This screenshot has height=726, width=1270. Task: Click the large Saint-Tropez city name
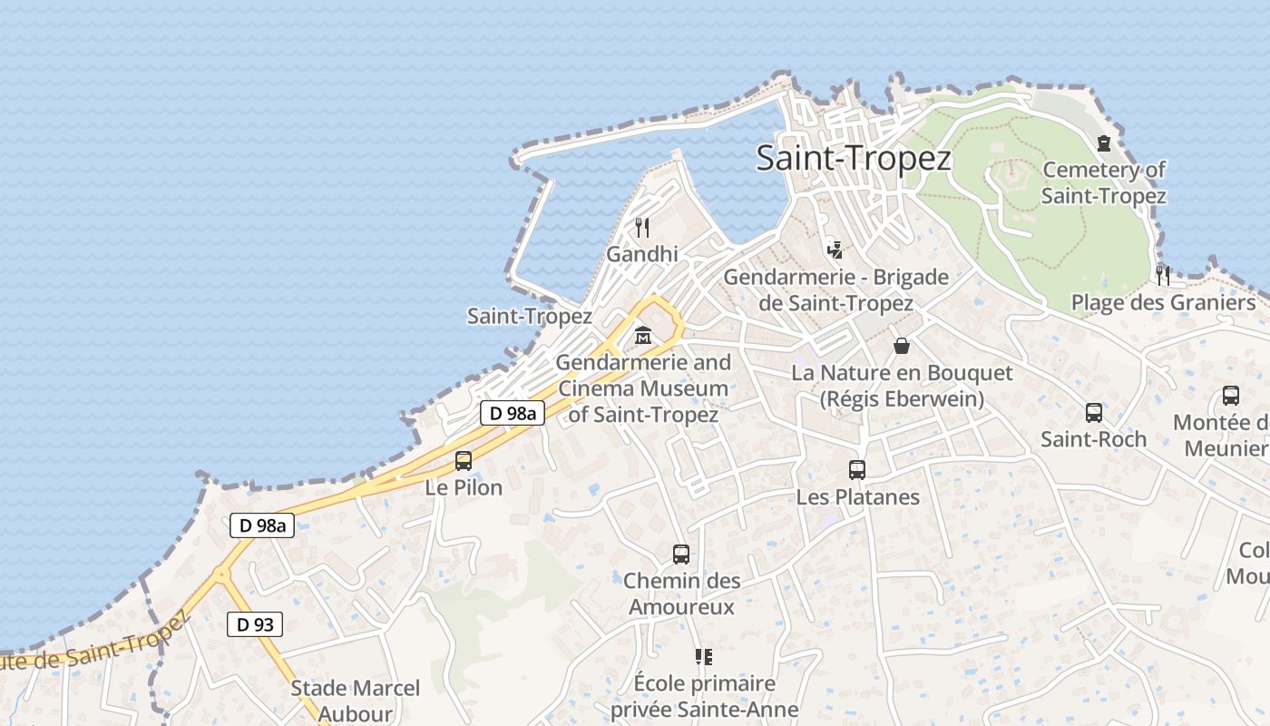(x=854, y=159)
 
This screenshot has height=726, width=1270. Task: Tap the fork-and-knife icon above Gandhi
(x=642, y=227)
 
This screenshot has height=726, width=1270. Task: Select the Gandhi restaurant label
(x=642, y=254)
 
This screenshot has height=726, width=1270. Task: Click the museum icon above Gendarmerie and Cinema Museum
(x=643, y=336)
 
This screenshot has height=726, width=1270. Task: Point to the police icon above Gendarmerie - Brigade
(x=835, y=250)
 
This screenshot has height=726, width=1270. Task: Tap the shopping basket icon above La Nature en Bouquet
(x=902, y=346)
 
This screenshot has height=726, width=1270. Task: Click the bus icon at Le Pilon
(x=464, y=460)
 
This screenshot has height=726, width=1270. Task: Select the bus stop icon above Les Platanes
(x=857, y=470)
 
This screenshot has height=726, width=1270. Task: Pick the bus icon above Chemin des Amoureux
(x=681, y=554)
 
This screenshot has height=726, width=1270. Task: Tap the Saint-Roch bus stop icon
(x=1094, y=413)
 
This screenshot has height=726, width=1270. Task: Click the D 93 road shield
(x=255, y=624)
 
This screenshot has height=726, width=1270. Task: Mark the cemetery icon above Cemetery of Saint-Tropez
(x=1104, y=143)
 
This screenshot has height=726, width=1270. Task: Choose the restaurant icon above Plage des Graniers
(x=1163, y=275)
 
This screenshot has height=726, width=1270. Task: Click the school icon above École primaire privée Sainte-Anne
(x=703, y=656)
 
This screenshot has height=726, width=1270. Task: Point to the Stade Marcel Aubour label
(x=355, y=701)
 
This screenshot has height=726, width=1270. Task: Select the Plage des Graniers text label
(x=1163, y=302)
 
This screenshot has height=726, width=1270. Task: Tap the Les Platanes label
(x=857, y=497)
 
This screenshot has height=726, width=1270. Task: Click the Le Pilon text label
(x=464, y=487)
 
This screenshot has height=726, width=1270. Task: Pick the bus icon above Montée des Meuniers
(x=1231, y=396)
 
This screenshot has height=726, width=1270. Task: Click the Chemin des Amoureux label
(x=681, y=594)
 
